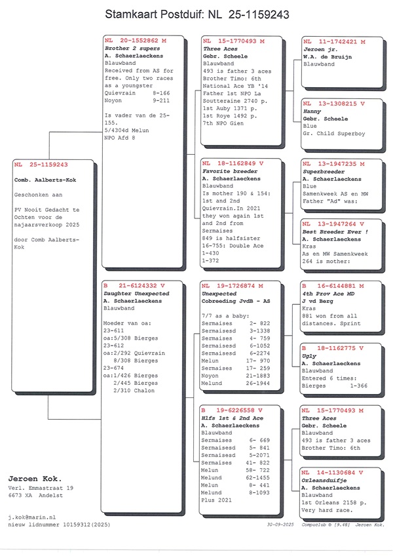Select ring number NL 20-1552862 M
coord(136,41)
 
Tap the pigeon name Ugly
coord(309,355)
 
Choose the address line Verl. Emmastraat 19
coord(41,488)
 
